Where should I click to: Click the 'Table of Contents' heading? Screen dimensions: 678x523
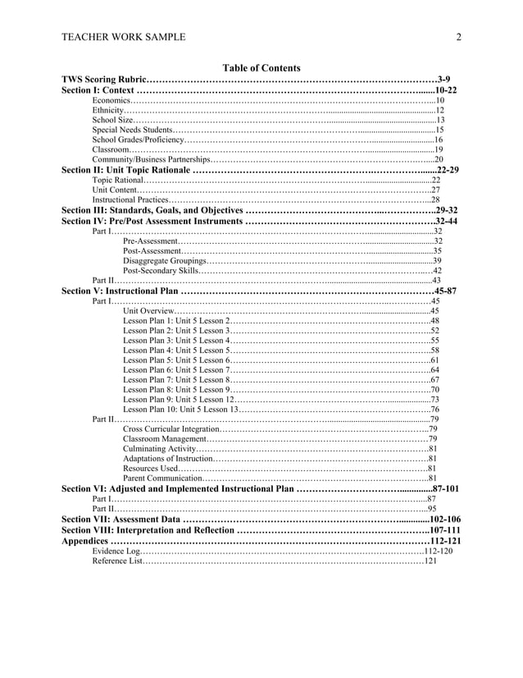point(261,68)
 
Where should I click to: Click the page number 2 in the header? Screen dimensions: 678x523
point(459,37)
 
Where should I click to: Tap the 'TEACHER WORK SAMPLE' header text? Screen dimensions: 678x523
point(123,37)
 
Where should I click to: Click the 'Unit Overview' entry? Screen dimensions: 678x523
point(148,311)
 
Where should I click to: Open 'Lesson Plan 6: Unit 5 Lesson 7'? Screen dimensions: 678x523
point(174,370)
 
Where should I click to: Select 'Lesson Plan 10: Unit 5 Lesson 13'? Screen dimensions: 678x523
point(178,410)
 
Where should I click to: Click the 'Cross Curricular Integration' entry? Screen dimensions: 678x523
point(171,429)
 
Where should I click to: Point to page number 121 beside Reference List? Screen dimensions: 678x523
point(430,561)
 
